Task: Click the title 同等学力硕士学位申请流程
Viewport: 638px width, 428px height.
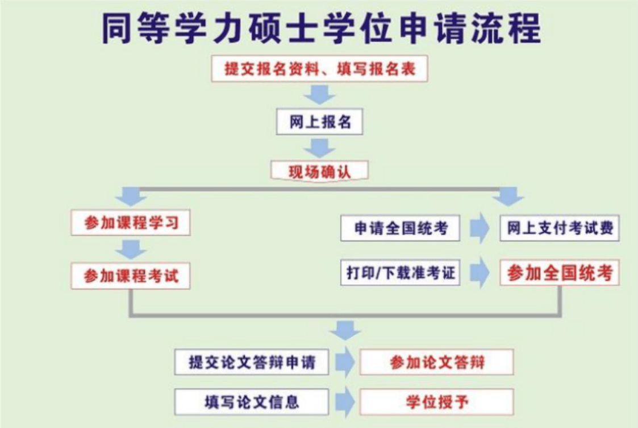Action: tap(321, 28)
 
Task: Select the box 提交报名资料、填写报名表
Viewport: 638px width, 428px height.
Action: tap(319, 69)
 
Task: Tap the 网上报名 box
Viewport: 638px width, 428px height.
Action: tap(319, 121)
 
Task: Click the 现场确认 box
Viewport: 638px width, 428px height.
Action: tap(319, 171)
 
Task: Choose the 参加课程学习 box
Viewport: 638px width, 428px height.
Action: tap(131, 223)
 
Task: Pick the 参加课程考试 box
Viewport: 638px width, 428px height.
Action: tap(131, 276)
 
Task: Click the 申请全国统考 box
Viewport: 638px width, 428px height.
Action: tap(401, 228)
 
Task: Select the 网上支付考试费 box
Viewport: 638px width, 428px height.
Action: tap(560, 228)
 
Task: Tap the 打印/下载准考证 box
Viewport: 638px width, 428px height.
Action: tap(401, 272)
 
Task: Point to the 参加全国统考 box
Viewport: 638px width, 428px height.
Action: tap(560, 272)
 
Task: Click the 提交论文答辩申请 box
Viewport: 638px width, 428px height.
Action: tap(252, 362)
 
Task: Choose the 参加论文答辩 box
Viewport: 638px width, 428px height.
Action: tap(436, 362)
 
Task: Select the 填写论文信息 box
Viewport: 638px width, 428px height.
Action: tap(252, 402)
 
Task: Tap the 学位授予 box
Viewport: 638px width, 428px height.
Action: tap(436, 402)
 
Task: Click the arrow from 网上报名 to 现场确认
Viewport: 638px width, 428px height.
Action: tap(319, 148)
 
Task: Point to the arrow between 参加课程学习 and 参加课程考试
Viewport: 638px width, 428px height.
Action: tap(131, 249)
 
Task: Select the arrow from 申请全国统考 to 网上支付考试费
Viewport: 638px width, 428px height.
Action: tap(479, 228)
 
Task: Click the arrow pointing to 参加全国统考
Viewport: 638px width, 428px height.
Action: tap(479, 272)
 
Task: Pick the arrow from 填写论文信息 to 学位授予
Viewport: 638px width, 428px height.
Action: tap(345, 402)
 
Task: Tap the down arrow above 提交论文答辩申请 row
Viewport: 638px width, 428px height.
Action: tap(345, 330)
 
